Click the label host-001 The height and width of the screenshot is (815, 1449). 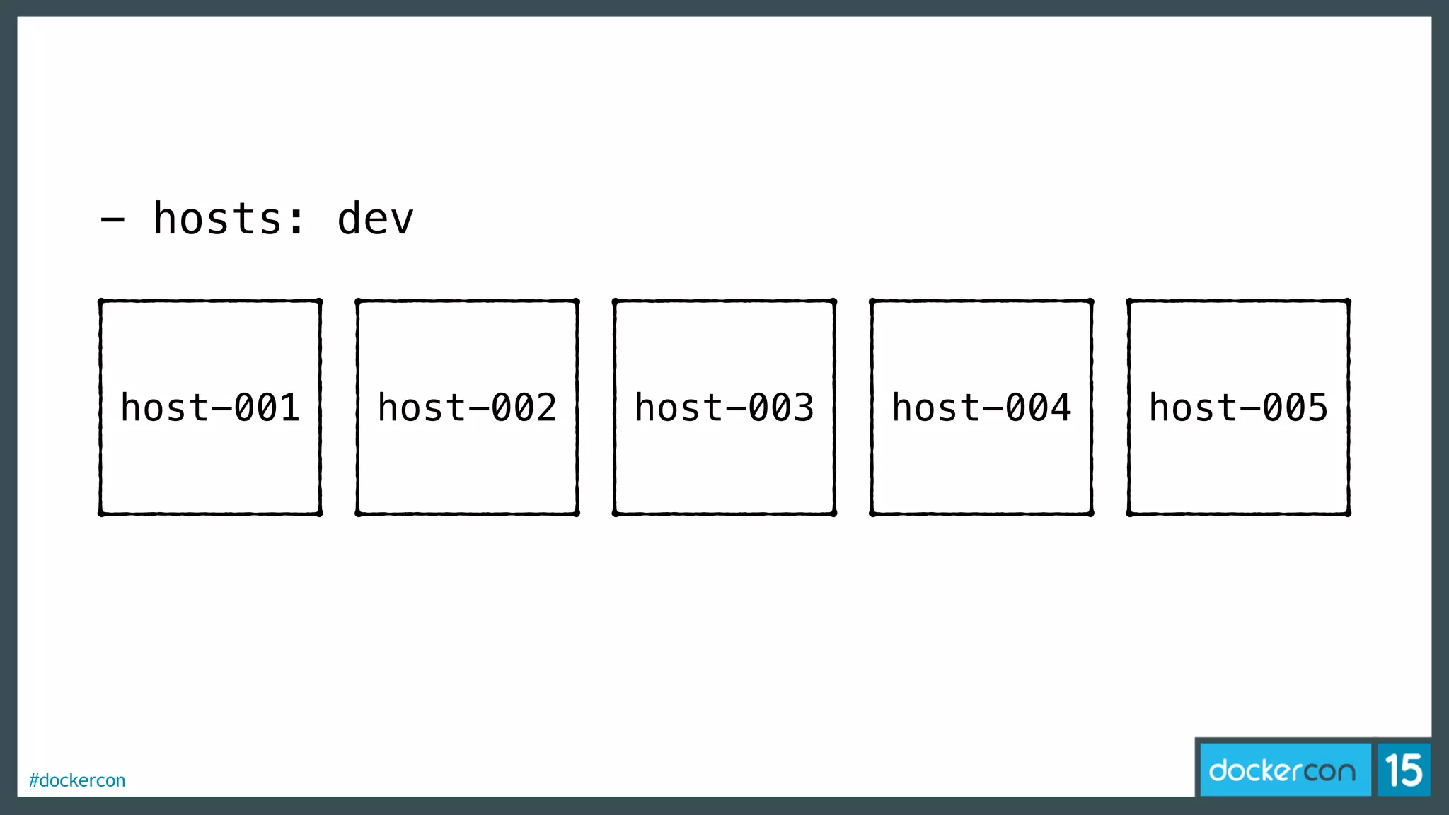tap(210, 407)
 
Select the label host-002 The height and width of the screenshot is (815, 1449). tap(467, 407)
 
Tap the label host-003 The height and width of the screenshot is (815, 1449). tap(724, 407)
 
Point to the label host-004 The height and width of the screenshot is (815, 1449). tap(981, 407)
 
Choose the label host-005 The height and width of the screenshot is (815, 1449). tap(1238, 407)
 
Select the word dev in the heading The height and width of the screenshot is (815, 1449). tap(375, 219)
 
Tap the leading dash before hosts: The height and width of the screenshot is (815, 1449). tap(112, 220)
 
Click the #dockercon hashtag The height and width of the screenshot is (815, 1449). tap(77, 780)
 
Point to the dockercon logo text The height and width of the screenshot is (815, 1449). tap(1282, 770)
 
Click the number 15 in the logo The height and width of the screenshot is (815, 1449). tap(1404, 770)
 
